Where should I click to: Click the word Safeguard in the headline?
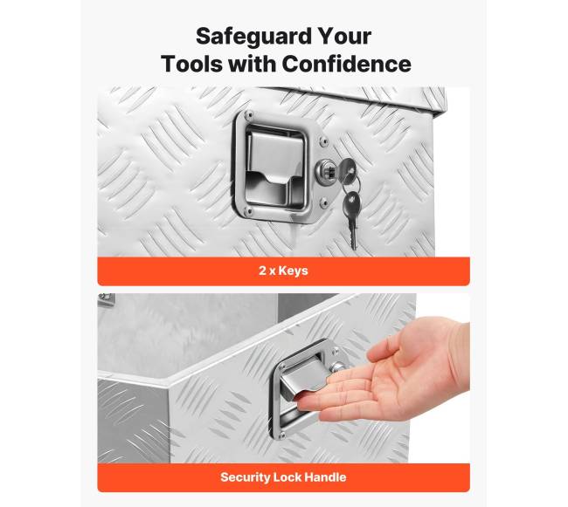pos(253,37)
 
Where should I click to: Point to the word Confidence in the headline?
pos(346,64)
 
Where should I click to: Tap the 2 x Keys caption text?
pos(283,271)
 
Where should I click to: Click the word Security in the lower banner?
pos(245,477)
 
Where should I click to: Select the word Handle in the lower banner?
pos(325,477)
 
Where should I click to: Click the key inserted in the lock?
pos(348,169)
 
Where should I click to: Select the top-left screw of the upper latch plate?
pos(248,116)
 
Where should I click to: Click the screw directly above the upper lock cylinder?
pos(323,141)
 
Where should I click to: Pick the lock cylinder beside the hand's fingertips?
pos(339,367)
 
